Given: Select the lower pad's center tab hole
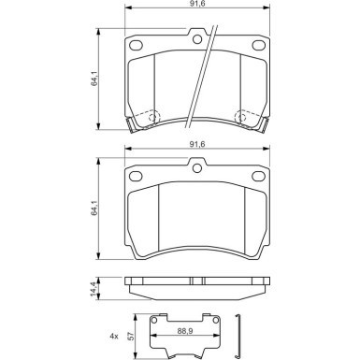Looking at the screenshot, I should [197, 167].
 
